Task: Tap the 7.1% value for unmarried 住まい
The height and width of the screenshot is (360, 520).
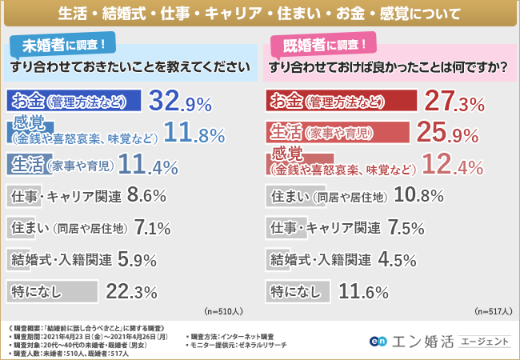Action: tap(152, 229)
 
